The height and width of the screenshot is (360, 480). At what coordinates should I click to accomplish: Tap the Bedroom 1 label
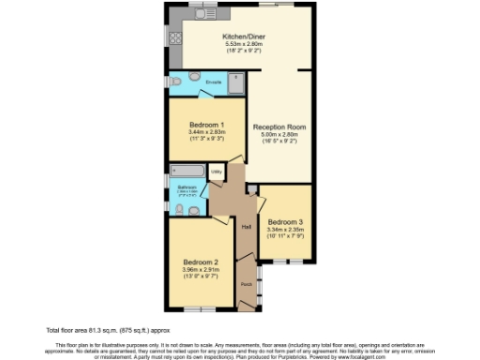click(x=206, y=125)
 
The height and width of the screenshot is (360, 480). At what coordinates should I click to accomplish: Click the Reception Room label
click(x=279, y=126)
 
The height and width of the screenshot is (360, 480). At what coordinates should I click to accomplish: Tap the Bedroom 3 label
click(x=285, y=222)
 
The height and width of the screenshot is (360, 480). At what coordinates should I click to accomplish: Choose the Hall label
click(x=247, y=228)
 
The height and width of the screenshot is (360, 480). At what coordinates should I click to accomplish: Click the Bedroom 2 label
click(x=201, y=262)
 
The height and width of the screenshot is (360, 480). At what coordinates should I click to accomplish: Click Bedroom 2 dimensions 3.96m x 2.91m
click(x=201, y=270)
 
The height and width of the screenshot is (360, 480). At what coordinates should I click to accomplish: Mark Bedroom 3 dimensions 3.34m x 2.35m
click(x=285, y=230)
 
